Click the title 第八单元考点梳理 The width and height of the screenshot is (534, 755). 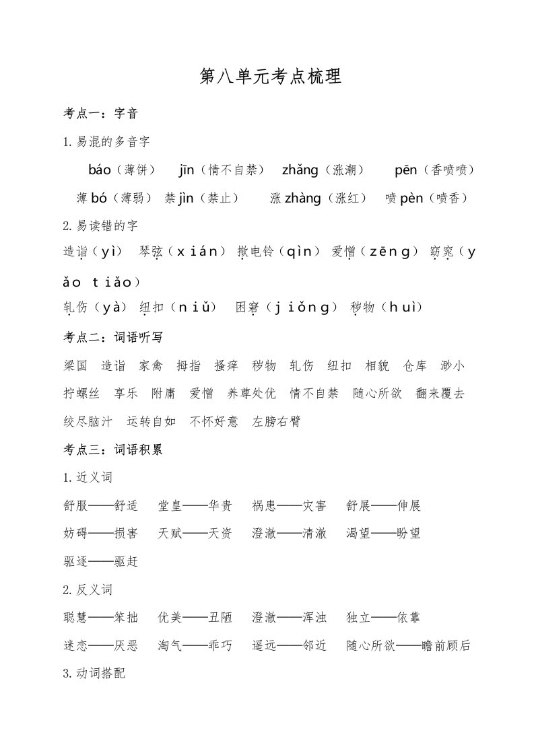coord(271,77)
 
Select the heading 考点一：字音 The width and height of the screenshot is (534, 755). coord(100,114)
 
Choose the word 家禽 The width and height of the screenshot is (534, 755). coord(151,366)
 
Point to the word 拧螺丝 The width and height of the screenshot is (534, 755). coord(81,394)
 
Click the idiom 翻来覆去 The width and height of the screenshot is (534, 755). coord(440,394)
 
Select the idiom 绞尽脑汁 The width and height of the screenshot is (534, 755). coord(88,422)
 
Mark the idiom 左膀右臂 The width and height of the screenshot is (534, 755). coord(276,422)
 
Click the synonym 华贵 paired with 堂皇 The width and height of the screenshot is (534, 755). coord(220,505)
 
